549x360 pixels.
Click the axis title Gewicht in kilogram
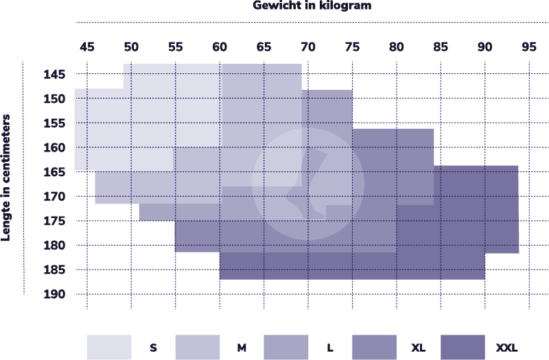(312, 6)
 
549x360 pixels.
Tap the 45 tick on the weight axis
(87, 47)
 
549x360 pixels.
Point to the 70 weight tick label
(308, 47)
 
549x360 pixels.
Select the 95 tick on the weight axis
(529, 47)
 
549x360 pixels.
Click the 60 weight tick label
(220, 47)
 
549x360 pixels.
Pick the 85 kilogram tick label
(441, 47)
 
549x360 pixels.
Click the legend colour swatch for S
(109, 348)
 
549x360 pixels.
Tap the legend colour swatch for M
(198, 348)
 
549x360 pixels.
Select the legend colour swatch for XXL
(463, 348)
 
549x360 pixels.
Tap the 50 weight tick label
(131, 47)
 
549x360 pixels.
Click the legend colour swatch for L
(286, 348)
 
